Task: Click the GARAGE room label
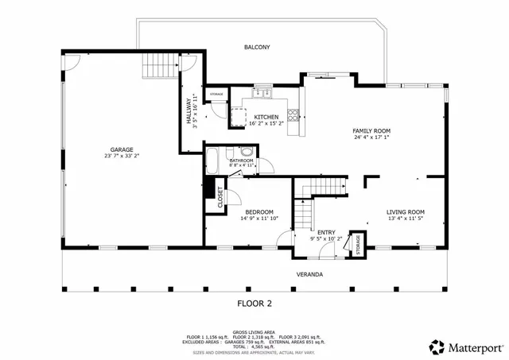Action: pyautogui.click(x=122, y=149)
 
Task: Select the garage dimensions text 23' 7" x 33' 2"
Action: pyautogui.click(x=122, y=157)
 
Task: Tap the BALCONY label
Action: pyautogui.click(x=257, y=48)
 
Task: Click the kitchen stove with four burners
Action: pyautogui.click(x=294, y=117)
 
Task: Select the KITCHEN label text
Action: pyautogui.click(x=266, y=117)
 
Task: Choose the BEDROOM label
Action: pyautogui.click(x=259, y=211)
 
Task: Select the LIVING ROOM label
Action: pyautogui.click(x=405, y=211)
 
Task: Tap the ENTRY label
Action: pyautogui.click(x=325, y=231)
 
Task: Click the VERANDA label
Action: pyautogui.click(x=309, y=274)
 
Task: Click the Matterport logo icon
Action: pyautogui.click(x=437, y=346)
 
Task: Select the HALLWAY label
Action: pyautogui.click(x=189, y=110)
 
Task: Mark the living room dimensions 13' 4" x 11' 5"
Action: pyautogui.click(x=405, y=219)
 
